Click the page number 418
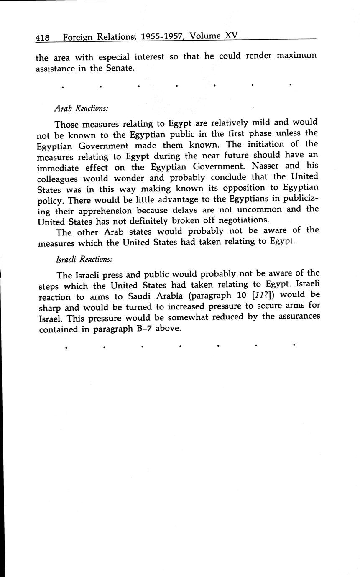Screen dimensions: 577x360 (x=43, y=38)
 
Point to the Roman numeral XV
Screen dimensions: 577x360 (x=231, y=36)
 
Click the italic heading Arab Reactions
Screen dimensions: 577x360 (x=81, y=108)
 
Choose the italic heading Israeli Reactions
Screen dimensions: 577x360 (x=84, y=259)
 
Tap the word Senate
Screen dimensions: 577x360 (x=119, y=68)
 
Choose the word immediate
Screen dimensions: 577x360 (x=60, y=168)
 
